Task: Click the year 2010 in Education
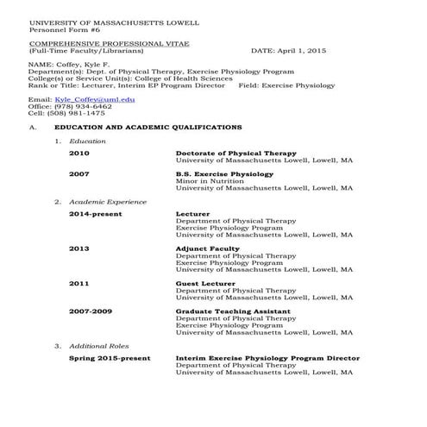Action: (x=79, y=153)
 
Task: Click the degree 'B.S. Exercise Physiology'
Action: (x=224, y=173)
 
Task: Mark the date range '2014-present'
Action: (x=96, y=213)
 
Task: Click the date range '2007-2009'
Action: (x=91, y=311)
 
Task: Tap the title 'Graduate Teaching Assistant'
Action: (x=233, y=311)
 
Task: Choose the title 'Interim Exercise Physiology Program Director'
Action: (x=268, y=358)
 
